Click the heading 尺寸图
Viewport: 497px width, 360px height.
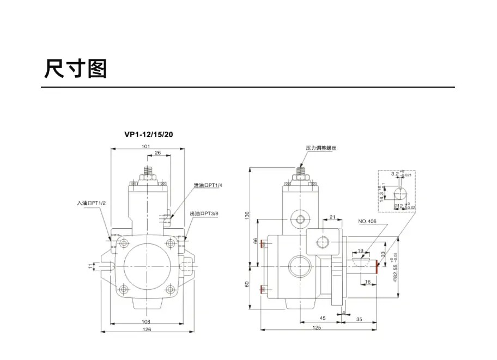click(x=75, y=69)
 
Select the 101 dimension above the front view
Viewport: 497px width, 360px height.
click(x=146, y=147)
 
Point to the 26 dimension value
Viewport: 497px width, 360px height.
click(x=157, y=154)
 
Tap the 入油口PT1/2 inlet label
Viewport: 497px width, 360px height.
click(x=91, y=203)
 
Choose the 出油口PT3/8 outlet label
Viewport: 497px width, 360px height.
click(x=205, y=214)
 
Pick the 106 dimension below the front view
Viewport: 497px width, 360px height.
click(x=146, y=321)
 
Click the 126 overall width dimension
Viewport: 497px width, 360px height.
click(x=146, y=330)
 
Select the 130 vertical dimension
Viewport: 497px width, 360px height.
click(x=246, y=216)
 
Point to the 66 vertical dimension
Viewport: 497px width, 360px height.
click(x=255, y=241)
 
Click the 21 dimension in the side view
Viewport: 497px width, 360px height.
click(x=332, y=218)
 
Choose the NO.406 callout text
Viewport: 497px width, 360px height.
click(x=367, y=222)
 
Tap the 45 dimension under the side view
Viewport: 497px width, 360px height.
click(x=322, y=318)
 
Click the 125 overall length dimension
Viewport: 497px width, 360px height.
click(x=317, y=328)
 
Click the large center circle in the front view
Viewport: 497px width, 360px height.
click(x=146, y=267)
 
